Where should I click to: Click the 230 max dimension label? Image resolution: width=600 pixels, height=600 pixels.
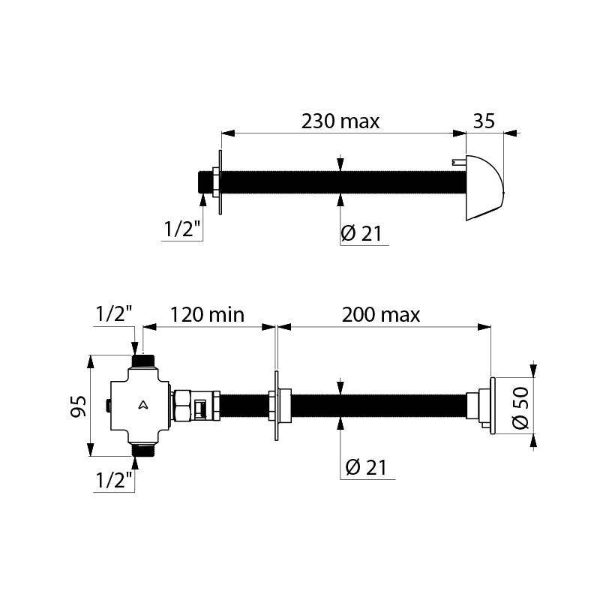[x=340, y=121]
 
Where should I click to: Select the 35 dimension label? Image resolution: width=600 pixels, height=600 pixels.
[x=484, y=121]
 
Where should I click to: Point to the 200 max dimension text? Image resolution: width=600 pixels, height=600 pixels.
[x=380, y=314]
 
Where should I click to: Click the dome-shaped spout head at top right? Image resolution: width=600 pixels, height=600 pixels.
[x=484, y=187]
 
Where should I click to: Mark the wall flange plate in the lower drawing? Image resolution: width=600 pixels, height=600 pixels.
[x=277, y=406]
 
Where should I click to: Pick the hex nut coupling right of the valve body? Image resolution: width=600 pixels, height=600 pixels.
[x=181, y=406]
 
